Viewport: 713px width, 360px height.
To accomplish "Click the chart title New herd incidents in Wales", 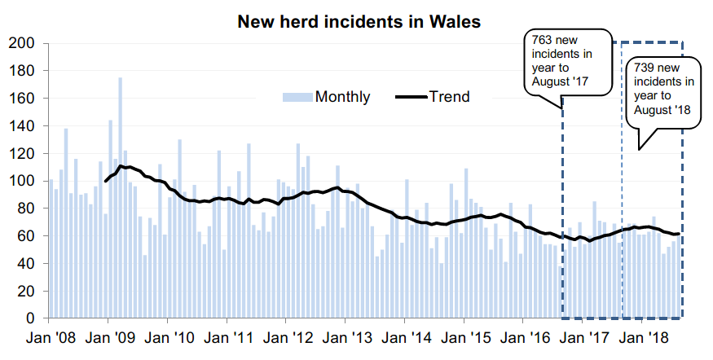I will click(359, 21).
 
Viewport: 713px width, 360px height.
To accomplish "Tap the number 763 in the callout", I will click(543, 39).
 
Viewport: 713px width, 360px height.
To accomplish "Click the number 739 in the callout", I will click(644, 68).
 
